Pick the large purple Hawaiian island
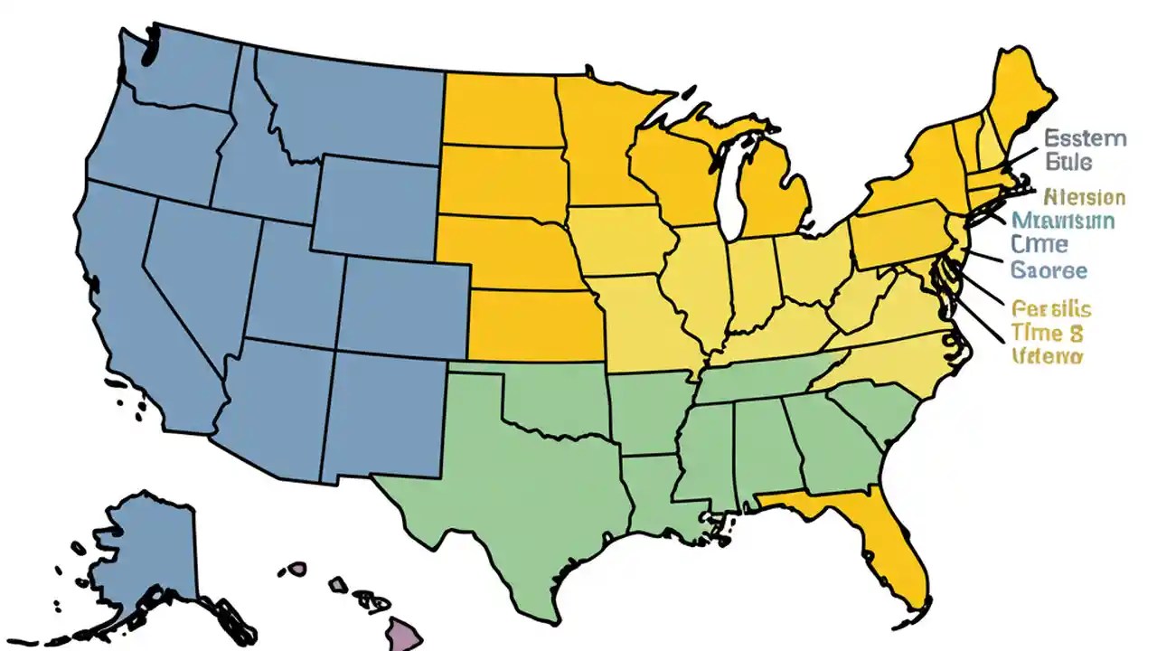coord(404,632)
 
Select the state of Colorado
coord(402,303)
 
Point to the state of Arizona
coord(271,398)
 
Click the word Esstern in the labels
coord(1085,138)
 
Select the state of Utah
coord(289,280)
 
